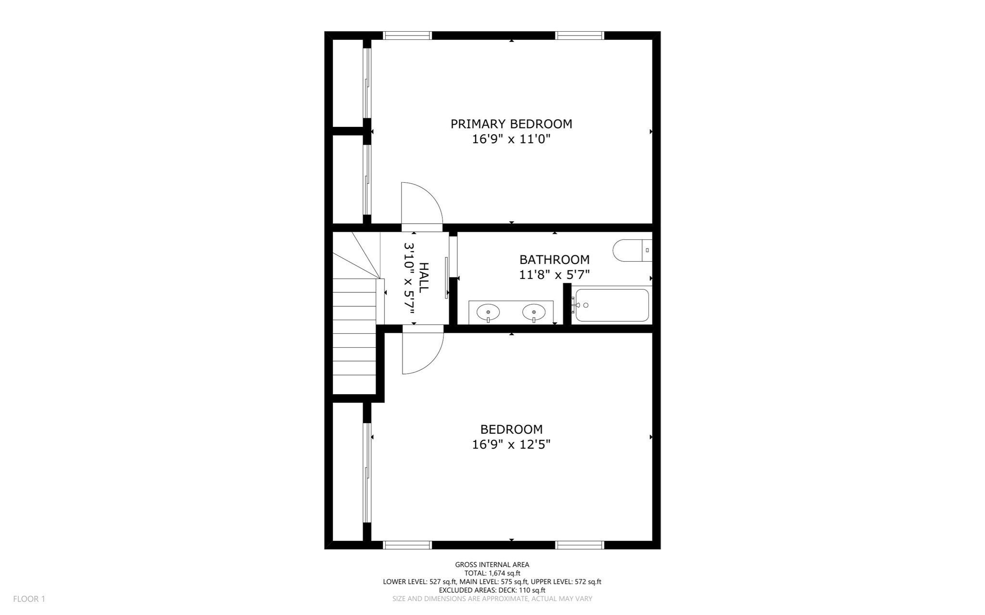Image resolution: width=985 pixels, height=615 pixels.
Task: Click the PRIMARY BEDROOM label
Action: click(x=511, y=124)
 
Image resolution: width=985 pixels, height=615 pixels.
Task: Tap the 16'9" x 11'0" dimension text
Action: click(x=511, y=139)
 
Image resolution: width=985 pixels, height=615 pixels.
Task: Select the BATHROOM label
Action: click(x=554, y=260)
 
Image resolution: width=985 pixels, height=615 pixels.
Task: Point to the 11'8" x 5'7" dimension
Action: click(x=554, y=275)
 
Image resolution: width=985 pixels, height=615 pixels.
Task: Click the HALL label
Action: click(x=424, y=278)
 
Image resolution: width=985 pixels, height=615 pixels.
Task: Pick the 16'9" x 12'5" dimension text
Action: click(x=511, y=444)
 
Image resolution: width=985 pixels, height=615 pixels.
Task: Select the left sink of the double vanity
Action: click(x=488, y=313)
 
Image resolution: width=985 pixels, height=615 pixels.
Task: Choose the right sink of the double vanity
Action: click(x=534, y=313)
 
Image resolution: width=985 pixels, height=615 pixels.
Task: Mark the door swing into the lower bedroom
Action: click(x=420, y=352)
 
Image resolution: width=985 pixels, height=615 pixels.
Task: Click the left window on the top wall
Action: click(x=407, y=35)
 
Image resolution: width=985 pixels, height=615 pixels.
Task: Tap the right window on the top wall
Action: click(x=580, y=35)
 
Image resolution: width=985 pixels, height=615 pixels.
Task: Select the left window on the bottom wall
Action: click(x=407, y=545)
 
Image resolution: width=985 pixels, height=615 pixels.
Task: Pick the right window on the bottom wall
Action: click(x=580, y=545)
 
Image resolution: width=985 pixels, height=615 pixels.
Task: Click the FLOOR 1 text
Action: click(x=29, y=599)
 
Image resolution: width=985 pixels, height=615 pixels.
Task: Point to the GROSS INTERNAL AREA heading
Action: click(x=492, y=565)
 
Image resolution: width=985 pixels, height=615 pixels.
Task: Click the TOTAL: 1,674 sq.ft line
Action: click(x=492, y=573)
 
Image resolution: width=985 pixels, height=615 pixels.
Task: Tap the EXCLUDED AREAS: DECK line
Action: click(x=492, y=590)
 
